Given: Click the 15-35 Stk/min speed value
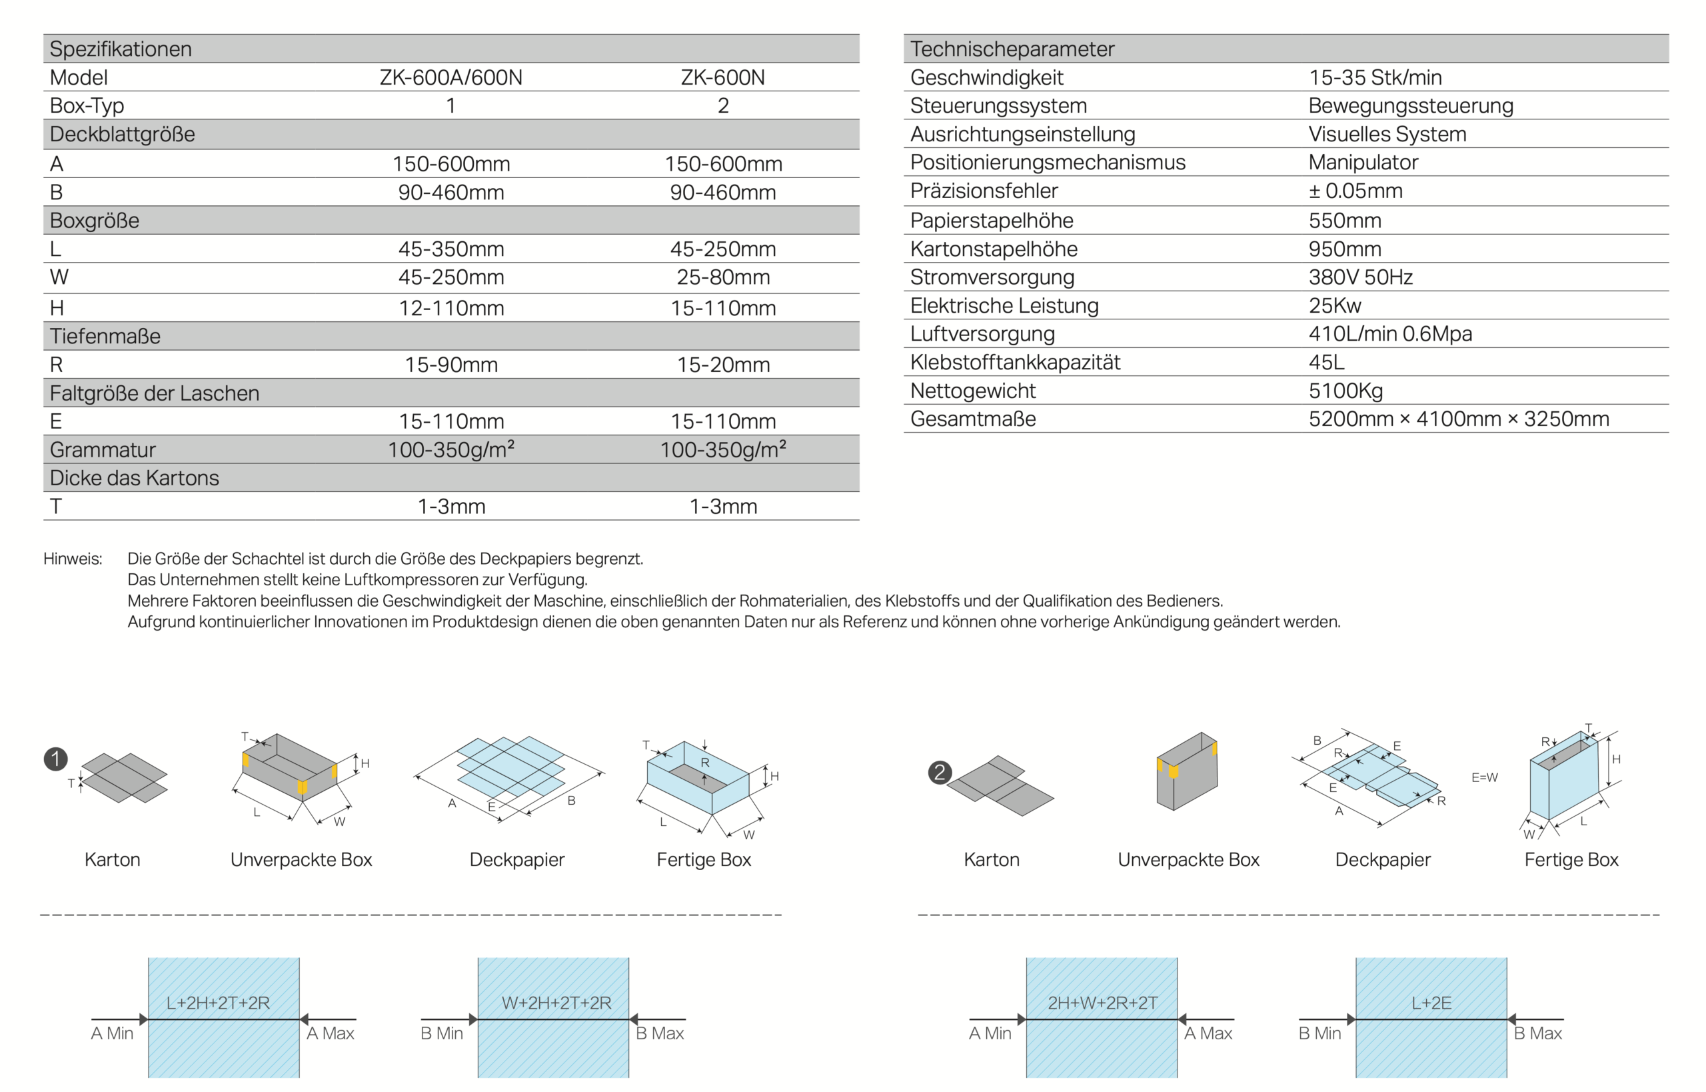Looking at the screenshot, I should point(1374,77).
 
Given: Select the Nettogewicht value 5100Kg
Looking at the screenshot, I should point(1345,391).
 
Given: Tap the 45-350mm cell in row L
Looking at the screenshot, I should point(450,249).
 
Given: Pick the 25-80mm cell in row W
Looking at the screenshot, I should point(723,277).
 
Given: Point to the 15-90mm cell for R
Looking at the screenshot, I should point(450,365).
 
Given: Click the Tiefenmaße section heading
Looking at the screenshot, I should point(105,336).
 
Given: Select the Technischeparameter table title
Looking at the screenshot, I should point(1012,49).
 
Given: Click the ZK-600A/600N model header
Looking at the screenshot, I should point(450,77).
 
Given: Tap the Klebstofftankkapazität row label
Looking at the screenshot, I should point(1015,363).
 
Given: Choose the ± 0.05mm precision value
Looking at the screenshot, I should point(1355,191).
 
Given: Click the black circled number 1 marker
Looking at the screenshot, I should point(56,759).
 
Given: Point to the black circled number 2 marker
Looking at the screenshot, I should point(940,772).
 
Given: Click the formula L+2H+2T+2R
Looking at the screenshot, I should point(219,1003).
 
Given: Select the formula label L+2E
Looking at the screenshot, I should point(1431,1003).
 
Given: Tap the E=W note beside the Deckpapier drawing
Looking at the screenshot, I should point(1484,777).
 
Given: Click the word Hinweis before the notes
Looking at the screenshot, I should point(72,559).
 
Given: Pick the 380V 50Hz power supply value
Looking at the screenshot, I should point(1360,277).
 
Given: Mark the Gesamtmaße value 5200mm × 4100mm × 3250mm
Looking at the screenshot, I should point(1458,419).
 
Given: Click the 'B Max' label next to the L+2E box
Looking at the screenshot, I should point(1537,1033).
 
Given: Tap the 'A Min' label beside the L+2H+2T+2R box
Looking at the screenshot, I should point(112,1033).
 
